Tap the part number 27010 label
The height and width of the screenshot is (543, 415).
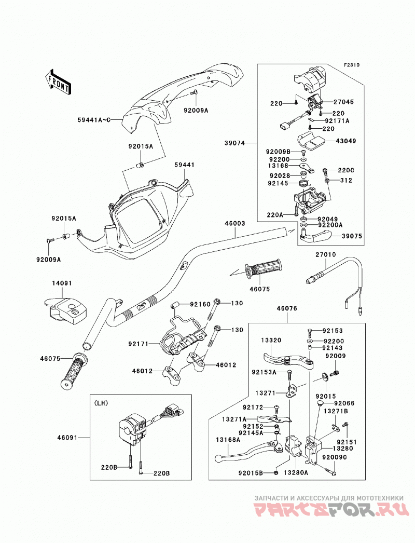[325, 254]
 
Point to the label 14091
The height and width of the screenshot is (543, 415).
[62, 283]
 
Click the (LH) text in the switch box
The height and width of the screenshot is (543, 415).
[101, 403]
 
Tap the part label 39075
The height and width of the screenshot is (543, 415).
[352, 236]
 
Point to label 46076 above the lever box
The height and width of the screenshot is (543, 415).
[286, 308]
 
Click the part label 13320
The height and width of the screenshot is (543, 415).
[271, 341]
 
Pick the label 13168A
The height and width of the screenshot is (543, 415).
[228, 440]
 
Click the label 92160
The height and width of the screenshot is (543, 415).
[200, 304]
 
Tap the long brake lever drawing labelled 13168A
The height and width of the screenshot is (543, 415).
[250, 451]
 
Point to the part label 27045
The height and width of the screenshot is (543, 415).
[344, 102]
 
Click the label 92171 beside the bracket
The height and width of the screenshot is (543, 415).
[138, 344]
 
